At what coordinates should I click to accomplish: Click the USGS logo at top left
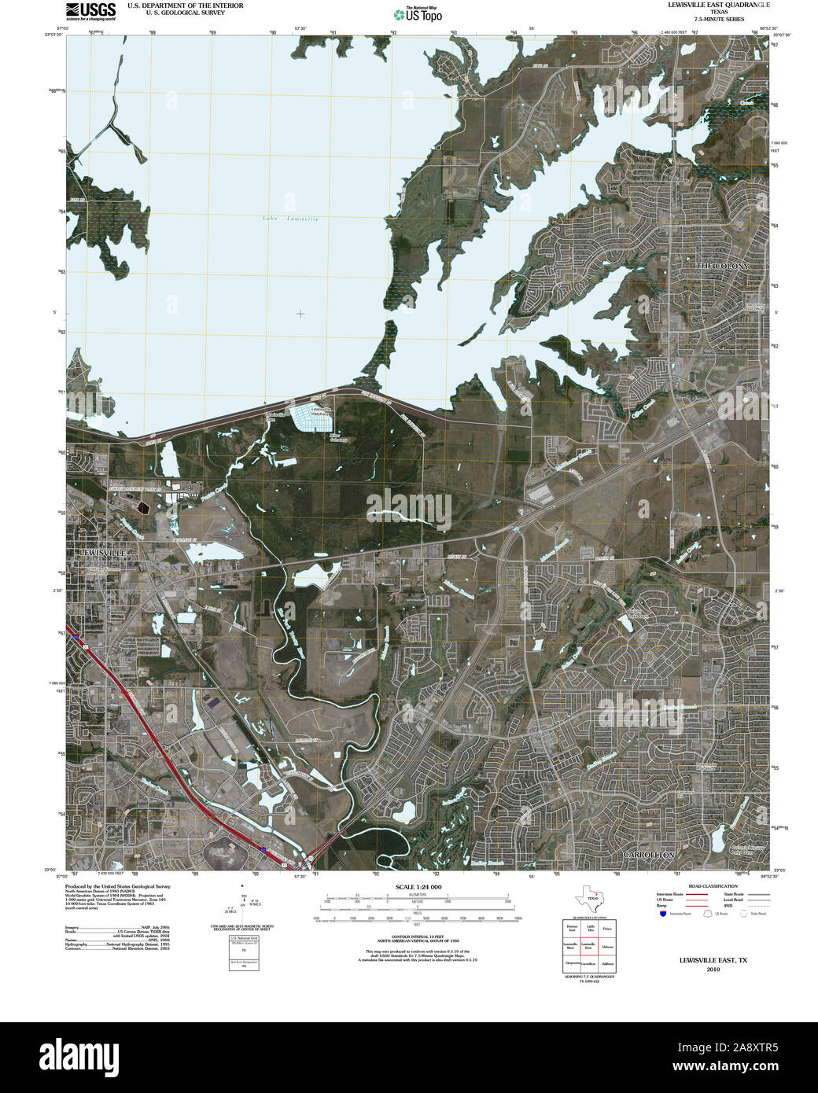click(90, 10)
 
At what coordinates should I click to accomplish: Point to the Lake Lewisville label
click(291, 219)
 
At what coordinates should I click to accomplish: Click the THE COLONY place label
click(724, 267)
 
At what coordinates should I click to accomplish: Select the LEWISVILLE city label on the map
click(103, 553)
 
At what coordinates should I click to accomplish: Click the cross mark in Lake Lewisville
click(300, 314)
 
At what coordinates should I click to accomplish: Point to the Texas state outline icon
click(589, 898)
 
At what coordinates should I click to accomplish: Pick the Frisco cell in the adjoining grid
click(606, 929)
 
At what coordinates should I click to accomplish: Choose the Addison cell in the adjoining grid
click(606, 963)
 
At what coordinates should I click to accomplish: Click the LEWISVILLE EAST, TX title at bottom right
click(713, 960)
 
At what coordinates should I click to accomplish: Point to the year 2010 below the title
click(713, 970)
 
